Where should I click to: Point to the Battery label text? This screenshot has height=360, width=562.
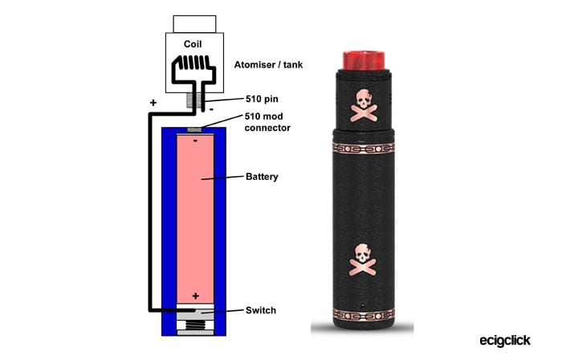(x=262, y=176)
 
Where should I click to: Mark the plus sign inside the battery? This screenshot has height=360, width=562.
(x=195, y=296)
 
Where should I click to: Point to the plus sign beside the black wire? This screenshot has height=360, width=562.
(x=152, y=103)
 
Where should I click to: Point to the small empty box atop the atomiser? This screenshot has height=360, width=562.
(x=193, y=22)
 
